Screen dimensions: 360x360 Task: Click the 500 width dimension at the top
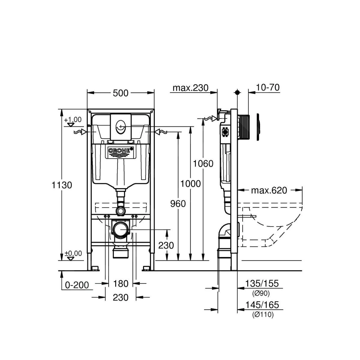(x=121, y=93)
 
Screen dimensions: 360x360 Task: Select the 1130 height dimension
(x=62, y=185)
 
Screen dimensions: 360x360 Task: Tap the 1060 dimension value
(x=203, y=163)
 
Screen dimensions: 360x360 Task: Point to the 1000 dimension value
(x=190, y=184)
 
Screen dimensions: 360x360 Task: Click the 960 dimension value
(x=178, y=204)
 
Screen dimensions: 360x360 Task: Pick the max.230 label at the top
(x=190, y=88)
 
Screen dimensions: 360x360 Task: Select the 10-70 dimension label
(x=268, y=87)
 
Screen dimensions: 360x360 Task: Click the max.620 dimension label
(x=269, y=190)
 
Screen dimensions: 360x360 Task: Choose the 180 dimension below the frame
(x=121, y=283)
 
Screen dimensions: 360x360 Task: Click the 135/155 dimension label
(x=262, y=283)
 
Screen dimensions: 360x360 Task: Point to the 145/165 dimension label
(x=262, y=305)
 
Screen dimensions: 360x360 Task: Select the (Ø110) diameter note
(x=263, y=315)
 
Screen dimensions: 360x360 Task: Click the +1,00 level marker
(x=72, y=120)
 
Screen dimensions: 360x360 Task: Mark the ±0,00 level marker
(x=73, y=253)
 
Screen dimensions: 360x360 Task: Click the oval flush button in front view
(x=121, y=125)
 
